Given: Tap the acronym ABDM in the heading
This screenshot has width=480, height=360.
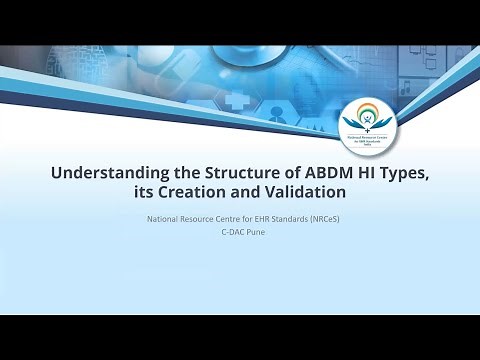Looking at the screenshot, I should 321,173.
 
